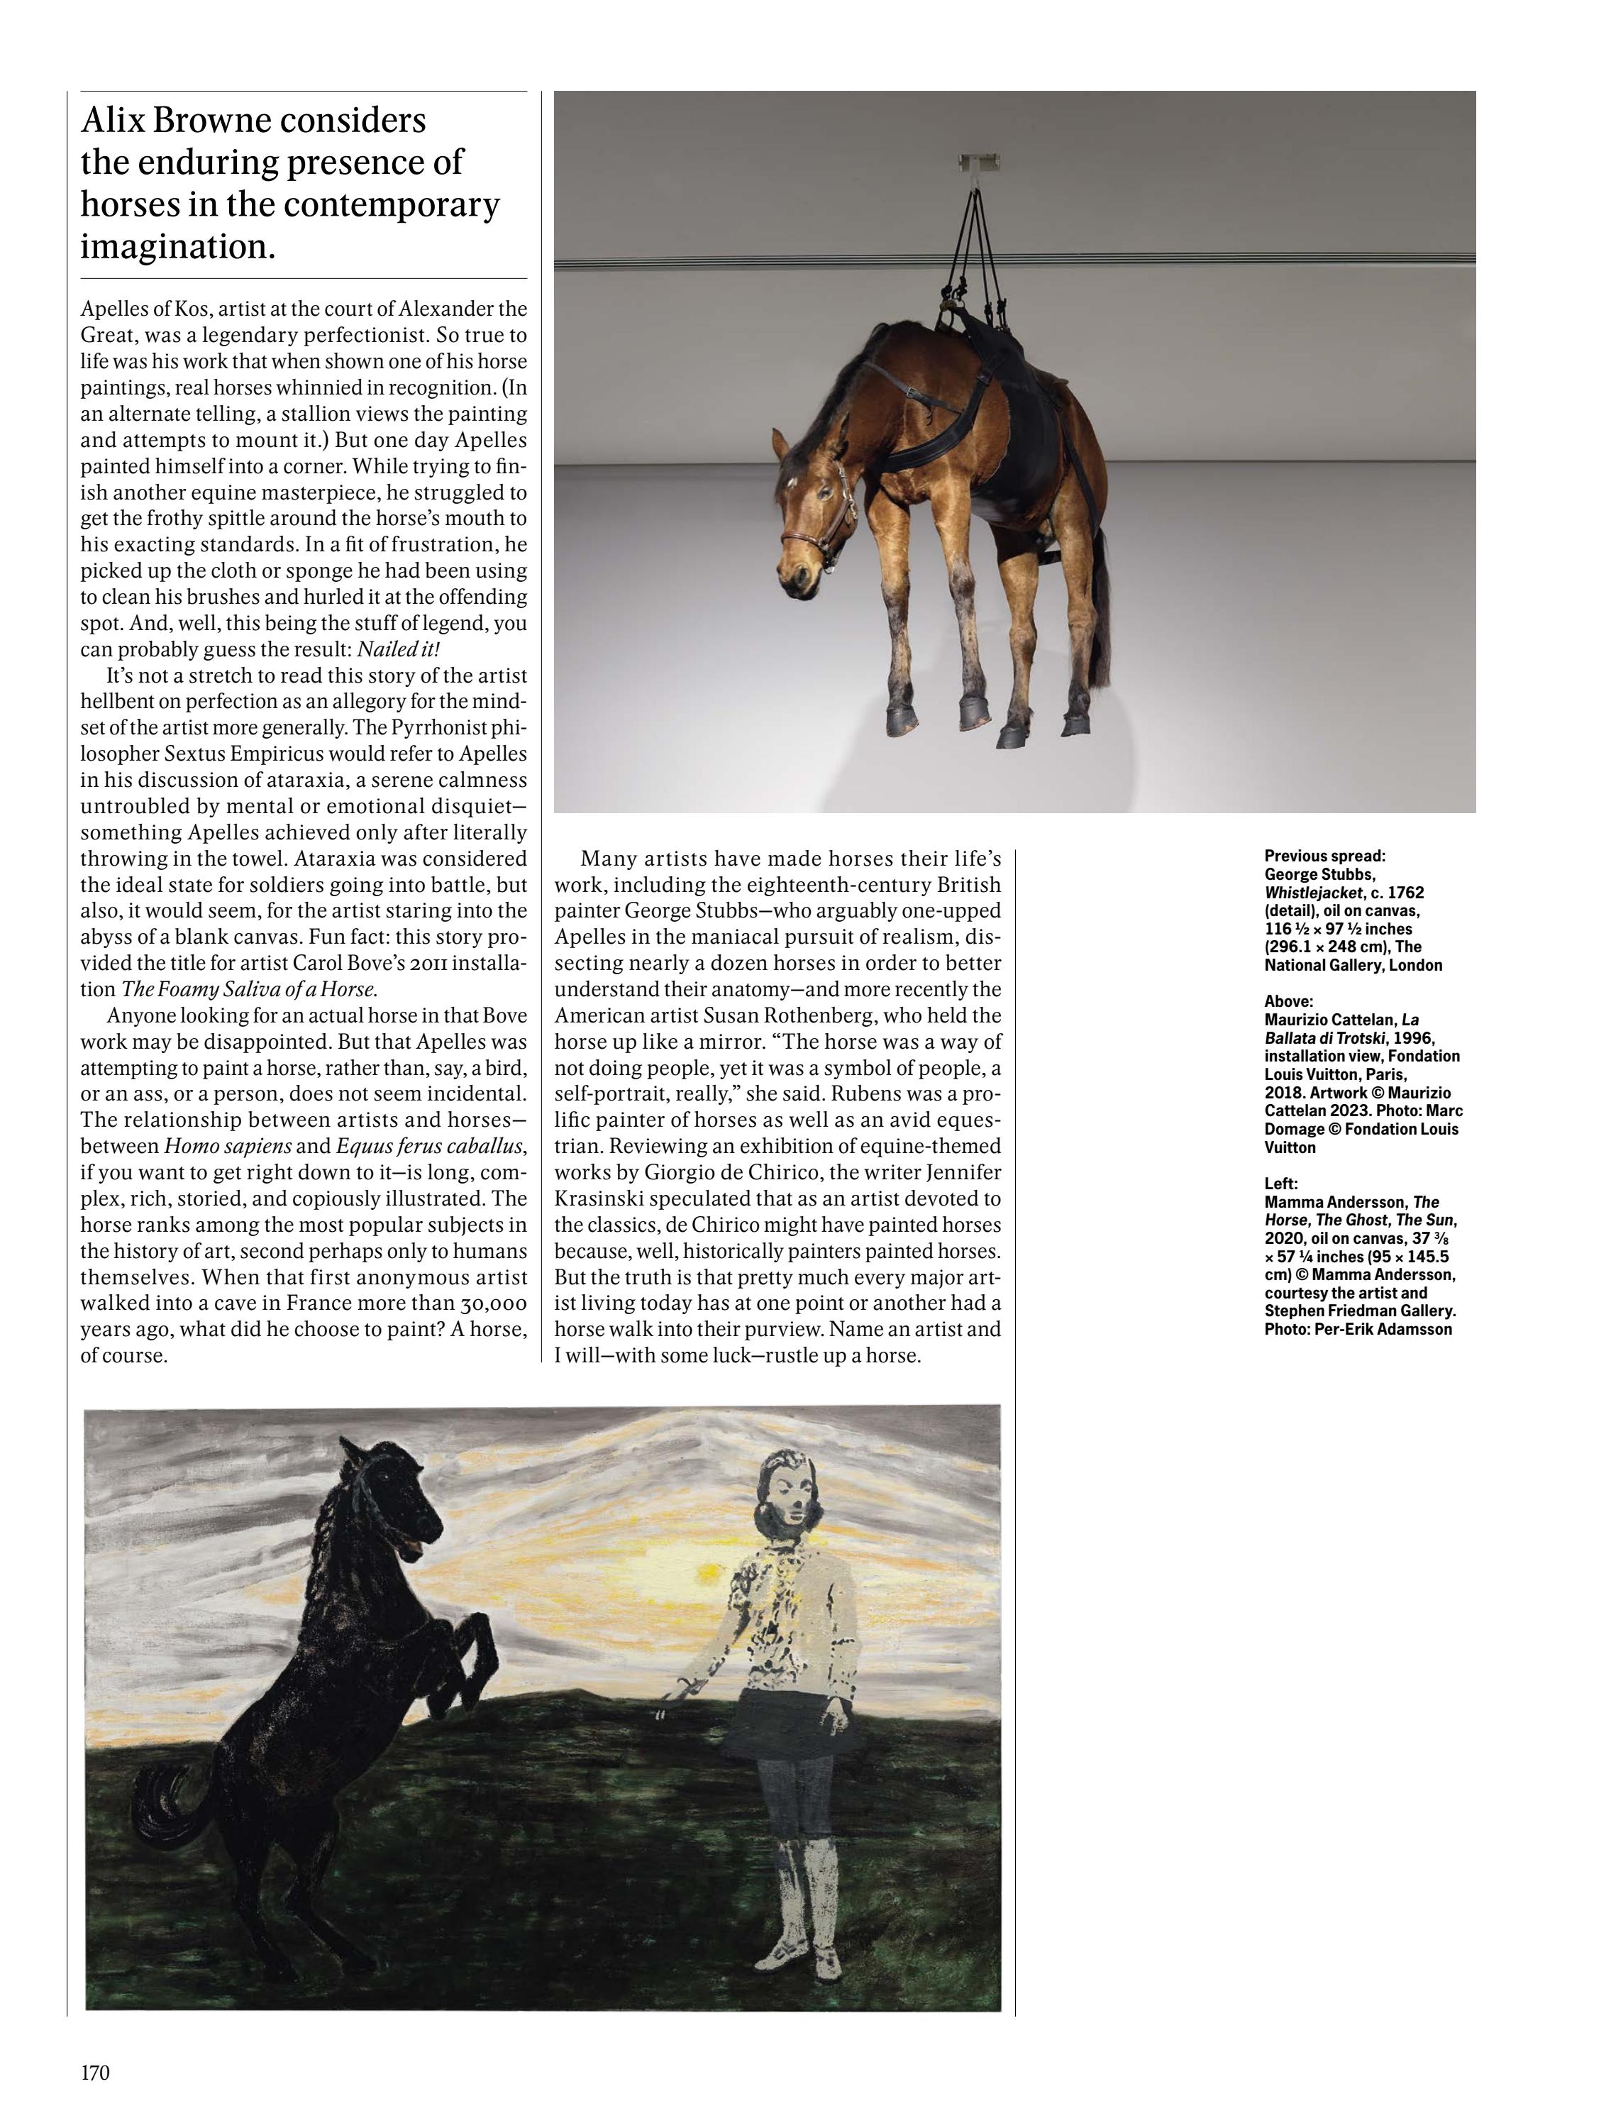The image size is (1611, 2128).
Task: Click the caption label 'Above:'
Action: pyautogui.click(x=1288, y=1001)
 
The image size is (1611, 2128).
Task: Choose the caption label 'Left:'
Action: pyautogui.click(x=1281, y=1184)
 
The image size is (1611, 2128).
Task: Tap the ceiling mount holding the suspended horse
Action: pyautogui.click(x=979, y=162)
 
